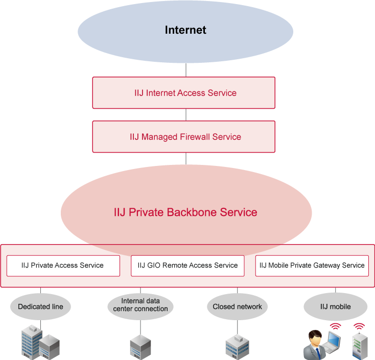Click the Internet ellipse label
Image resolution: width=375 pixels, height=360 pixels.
tap(185, 30)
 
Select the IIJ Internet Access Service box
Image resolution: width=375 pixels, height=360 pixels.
tap(183, 93)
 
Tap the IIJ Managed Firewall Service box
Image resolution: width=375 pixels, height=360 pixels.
tap(183, 137)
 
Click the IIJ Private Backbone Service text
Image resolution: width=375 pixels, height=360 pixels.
tap(185, 212)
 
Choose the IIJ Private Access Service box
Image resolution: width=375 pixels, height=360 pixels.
tap(63, 266)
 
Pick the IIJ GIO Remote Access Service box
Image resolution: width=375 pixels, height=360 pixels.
tap(188, 266)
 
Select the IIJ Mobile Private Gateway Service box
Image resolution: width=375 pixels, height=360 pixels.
tap(312, 266)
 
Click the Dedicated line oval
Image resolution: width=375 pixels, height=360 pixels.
tap(40, 307)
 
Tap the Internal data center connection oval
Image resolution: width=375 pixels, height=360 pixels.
tap(140, 305)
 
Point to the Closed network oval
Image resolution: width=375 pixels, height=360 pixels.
tap(238, 307)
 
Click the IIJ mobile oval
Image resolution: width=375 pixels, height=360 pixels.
tap(335, 307)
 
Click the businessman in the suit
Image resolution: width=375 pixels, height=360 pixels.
tap(315, 345)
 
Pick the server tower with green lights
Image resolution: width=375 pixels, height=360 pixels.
tap(359, 345)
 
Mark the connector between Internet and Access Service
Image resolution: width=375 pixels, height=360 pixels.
tap(186, 70)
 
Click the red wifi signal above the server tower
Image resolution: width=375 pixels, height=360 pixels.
tap(359, 326)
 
